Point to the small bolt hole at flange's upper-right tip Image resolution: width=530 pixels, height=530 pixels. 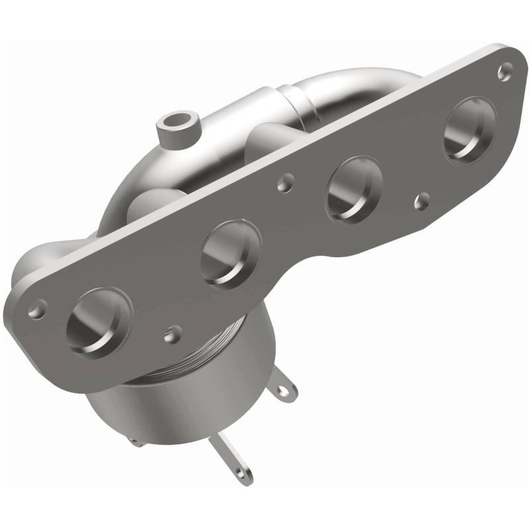(507, 67)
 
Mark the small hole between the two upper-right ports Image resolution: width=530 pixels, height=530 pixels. (419, 198)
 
